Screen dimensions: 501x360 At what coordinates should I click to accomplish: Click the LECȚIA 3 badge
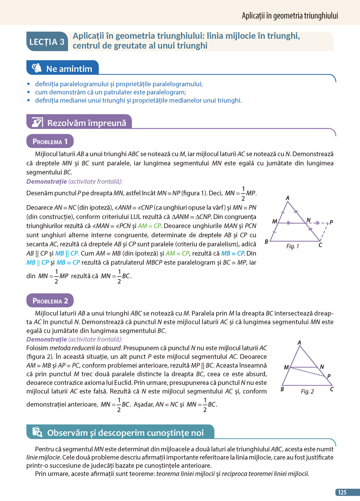pos(47,42)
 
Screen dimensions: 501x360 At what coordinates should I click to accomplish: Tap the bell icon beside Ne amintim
pos(37,68)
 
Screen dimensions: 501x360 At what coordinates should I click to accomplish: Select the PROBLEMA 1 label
pos(50,141)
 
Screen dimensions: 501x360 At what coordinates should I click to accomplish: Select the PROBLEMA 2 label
pos(50,301)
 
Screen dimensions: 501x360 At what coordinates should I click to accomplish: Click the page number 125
pos(342,493)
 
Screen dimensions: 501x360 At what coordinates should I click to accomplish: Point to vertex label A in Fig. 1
pos(288,198)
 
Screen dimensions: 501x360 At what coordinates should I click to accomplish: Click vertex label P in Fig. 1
pos(331,222)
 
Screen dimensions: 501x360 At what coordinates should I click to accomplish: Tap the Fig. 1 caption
pos(292,246)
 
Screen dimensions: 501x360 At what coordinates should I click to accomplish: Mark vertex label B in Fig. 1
pos(266,242)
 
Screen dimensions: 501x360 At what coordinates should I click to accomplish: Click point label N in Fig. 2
pos(322,367)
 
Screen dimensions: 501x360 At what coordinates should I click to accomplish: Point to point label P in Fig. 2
pos(329,376)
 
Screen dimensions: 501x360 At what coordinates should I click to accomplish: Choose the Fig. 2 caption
pos(307,392)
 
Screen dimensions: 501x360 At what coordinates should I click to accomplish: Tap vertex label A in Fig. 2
pos(299,343)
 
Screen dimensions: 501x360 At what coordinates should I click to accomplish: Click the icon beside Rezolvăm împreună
pos(37,122)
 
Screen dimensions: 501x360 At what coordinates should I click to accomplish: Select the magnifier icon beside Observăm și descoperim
pos(37,432)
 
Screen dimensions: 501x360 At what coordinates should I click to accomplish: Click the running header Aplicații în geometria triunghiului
pos(290,15)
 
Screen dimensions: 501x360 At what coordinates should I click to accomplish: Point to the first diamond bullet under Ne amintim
pos(29,84)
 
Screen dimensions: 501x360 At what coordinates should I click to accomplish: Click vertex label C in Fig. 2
pos(332,389)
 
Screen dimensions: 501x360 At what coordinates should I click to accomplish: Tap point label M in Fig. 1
pos(275,221)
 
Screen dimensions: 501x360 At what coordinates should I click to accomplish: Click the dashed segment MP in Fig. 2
pos(308,372)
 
